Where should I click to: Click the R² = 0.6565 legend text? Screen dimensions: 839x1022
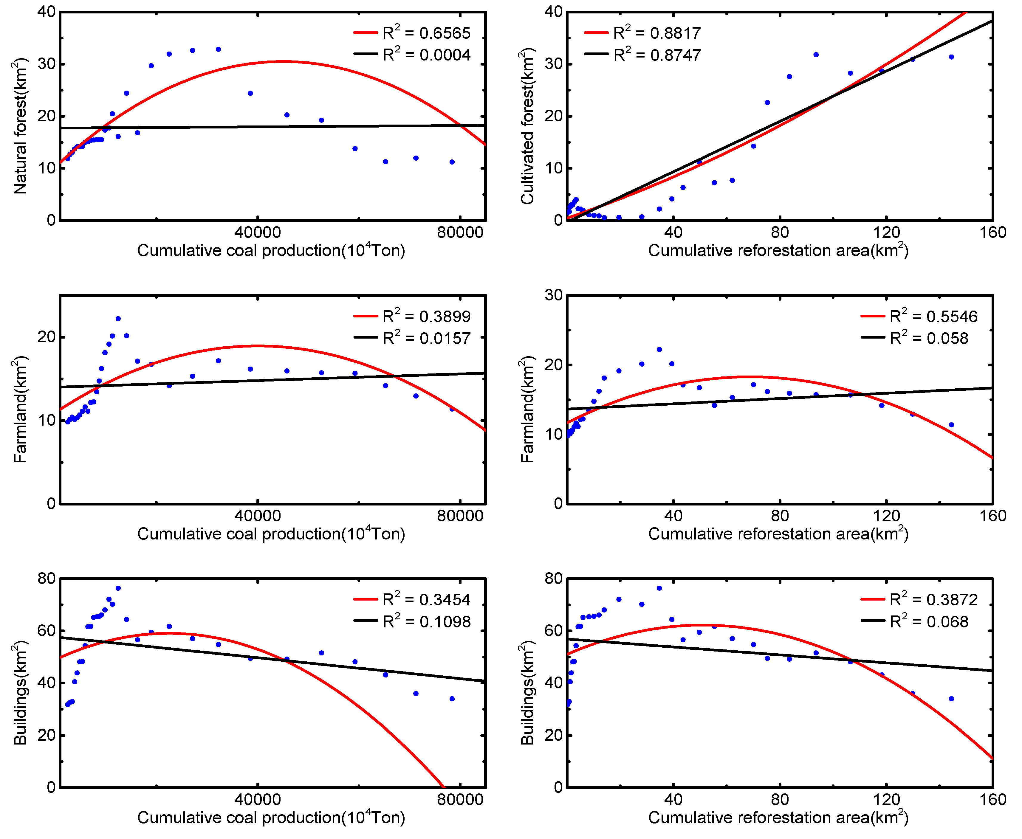(426, 33)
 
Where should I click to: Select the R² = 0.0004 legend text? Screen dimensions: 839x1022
(426, 55)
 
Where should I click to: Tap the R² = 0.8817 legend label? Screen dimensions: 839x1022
(656, 33)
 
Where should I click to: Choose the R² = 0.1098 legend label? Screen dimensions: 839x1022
(426, 621)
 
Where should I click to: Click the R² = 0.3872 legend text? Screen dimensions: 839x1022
(933, 599)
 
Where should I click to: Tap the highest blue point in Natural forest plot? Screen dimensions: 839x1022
(218, 49)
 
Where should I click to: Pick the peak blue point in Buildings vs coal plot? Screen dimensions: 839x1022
(118, 588)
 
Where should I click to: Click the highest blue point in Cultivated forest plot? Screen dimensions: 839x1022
(816, 55)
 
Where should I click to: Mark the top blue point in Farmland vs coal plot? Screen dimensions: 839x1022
(118, 319)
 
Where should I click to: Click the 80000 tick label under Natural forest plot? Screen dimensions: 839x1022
(460, 232)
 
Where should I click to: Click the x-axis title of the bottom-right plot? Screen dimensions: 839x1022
(778, 817)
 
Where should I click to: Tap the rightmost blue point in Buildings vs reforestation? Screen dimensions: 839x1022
(951, 698)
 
